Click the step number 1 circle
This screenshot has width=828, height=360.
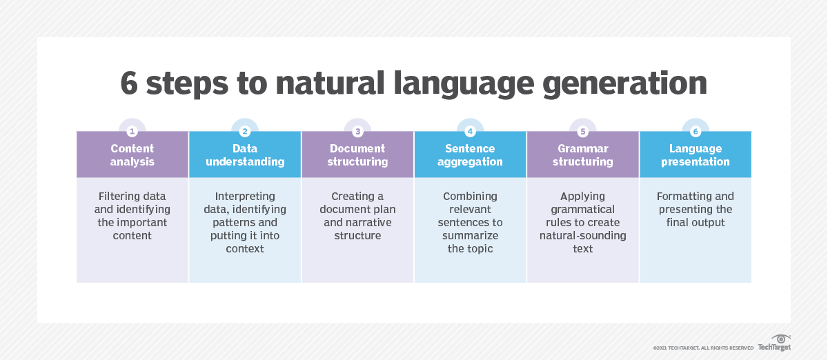coord(132,131)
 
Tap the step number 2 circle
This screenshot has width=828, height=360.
coord(245,131)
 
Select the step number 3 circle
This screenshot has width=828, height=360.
coord(357,131)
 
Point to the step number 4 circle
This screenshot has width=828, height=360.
coord(470,131)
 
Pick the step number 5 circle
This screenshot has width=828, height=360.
coord(583,131)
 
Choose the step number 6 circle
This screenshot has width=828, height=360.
coord(696,131)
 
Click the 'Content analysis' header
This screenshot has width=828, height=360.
coord(132,155)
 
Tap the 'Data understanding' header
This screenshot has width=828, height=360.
coord(245,155)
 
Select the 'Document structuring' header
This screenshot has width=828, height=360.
coord(357,155)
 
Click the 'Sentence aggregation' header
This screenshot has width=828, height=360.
coord(470,155)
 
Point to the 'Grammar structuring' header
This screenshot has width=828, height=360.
coord(583,155)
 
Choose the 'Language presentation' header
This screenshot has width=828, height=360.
coord(696,155)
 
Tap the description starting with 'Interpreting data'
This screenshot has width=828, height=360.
coord(245,222)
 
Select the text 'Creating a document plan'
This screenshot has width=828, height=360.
coord(357,216)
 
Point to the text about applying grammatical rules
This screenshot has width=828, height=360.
coord(583,222)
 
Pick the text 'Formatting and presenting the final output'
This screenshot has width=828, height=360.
coord(696,209)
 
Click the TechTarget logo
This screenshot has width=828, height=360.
coord(774,343)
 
